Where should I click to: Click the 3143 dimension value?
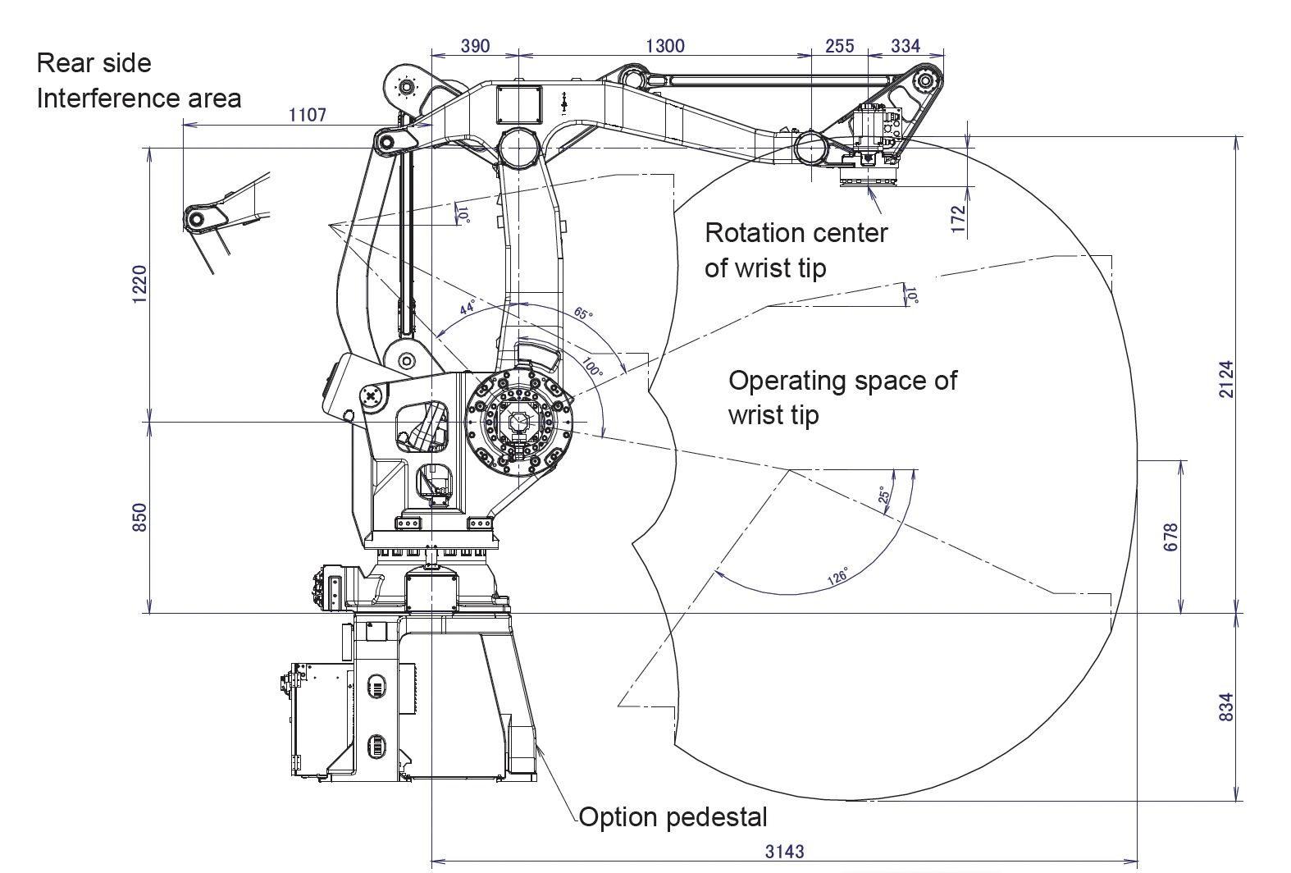784,851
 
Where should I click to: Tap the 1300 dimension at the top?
664,46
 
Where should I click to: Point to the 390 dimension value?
475,46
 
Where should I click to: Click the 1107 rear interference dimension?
308,115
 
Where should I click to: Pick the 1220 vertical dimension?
139,285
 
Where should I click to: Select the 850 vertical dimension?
139,517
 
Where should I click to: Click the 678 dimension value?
1170,537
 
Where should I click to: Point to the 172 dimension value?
959,219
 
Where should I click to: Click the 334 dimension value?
906,46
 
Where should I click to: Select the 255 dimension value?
839,46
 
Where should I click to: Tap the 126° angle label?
837,576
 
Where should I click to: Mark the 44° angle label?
468,309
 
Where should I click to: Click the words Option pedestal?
673,817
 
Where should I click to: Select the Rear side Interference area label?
139,80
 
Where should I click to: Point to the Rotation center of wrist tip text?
796,249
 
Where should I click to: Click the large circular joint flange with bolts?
518,425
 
